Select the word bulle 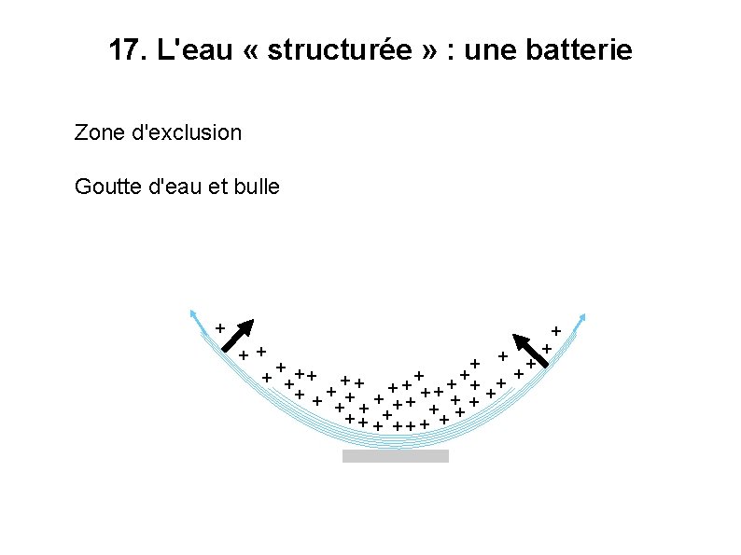(x=258, y=187)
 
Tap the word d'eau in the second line (x=180, y=187)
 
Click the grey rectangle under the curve (x=395, y=456)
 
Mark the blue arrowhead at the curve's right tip (x=583, y=316)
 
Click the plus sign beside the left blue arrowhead (x=219, y=328)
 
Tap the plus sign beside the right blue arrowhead (x=556, y=330)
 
